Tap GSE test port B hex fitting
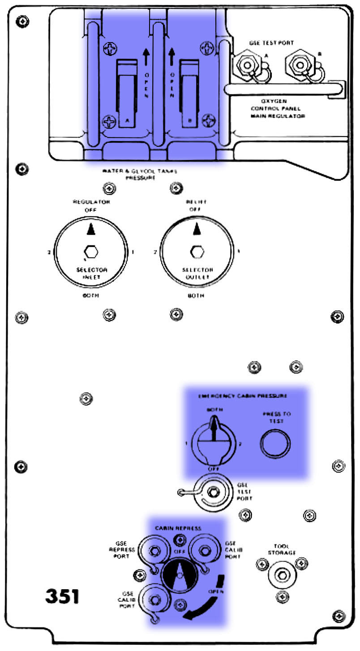click(298, 65)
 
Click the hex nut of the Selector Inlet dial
click(91, 252)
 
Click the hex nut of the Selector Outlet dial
click(196, 252)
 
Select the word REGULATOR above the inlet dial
click(91, 202)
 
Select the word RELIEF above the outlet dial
click(196, 202)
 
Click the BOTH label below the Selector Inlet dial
click(91, 296)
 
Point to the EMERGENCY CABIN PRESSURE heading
click(242, 396)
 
